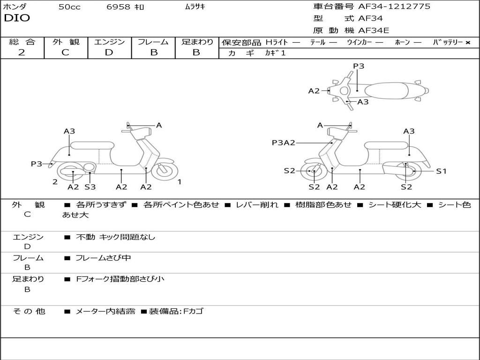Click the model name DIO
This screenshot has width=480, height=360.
[x=17, y=18]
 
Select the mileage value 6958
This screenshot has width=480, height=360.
[x=118, y=7]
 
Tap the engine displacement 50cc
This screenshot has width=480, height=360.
[x=69, y=7]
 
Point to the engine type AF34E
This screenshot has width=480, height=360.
[x=373, y=31]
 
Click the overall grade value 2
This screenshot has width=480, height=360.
[x=22, y=52]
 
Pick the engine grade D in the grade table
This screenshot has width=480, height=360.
[x=109, y=52]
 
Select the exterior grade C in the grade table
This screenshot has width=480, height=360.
[x=66, y=52]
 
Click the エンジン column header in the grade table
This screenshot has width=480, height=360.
[x=110, y=42]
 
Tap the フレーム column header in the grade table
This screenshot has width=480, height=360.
[x=153, y=42]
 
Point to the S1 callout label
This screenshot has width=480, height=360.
[x=441, y=172]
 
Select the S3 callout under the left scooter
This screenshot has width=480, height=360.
[x=90, y=187]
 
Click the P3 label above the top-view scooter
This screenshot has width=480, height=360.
[x=359, y=66]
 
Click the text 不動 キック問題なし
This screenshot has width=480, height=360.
[x=115, y=237]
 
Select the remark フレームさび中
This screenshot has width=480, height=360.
[x=103, y=258]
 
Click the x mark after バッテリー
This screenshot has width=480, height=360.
[x=468, y=43]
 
